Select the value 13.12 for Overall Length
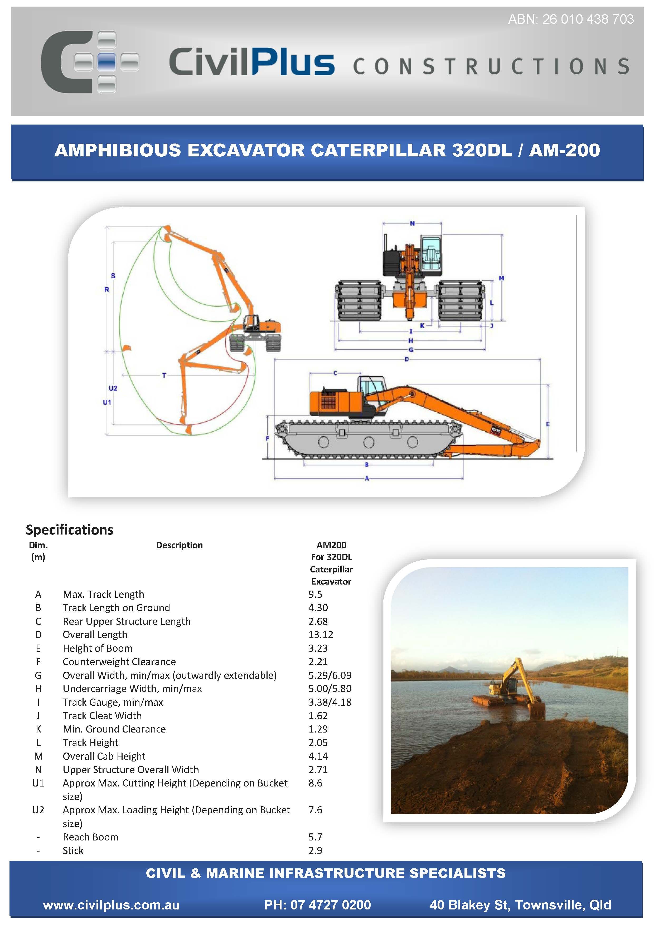(320, 635)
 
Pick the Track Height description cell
(90, 743)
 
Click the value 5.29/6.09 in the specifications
(330, 675)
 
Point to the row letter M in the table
(38, 756)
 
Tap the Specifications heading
(69, 530)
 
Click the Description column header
(179, 545)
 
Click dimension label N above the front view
(412, 223)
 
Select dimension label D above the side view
(407, 359)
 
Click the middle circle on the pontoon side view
(369, 442)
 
